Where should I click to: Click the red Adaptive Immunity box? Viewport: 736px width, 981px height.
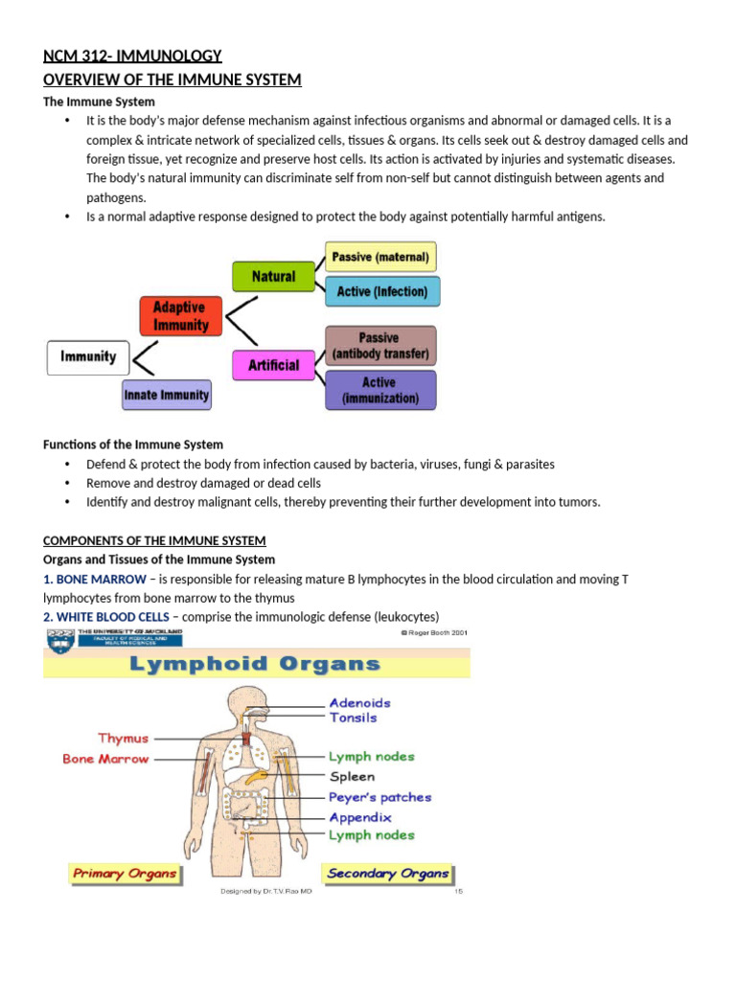point(180,316)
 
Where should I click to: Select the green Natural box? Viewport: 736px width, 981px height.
point(274,276)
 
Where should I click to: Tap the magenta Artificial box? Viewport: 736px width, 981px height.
point(274,365)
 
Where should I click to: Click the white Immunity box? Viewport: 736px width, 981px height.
point(88,357)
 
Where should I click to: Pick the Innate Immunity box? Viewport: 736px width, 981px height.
point(167,395)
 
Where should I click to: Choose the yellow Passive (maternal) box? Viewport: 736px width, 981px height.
point(381,257)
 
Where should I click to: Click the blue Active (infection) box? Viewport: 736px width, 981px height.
point(382,291)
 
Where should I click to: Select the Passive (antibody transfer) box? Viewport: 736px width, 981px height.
point(380,346)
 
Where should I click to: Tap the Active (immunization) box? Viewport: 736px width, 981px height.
point(380,390)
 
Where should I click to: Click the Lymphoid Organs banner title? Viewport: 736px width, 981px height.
point(255,664)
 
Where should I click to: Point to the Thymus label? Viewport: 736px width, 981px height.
point(123,739)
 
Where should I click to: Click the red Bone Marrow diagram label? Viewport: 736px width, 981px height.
point(105,759)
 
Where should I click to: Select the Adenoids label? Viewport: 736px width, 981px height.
point(359,702)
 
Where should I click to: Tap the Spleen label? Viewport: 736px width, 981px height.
point(352,777)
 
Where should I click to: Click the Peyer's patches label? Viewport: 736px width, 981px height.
point(379,797)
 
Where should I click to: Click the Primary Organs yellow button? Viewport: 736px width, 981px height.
point(125,873)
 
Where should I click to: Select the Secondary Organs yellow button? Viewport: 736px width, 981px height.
point(388,873)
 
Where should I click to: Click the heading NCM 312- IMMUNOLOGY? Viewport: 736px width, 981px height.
point(132,57)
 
